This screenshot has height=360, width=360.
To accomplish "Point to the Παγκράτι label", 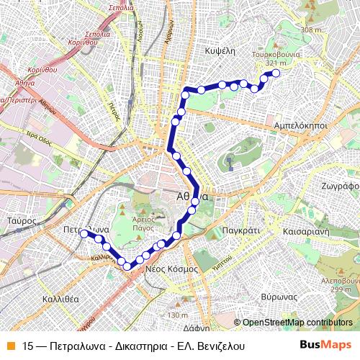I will coord(242,232).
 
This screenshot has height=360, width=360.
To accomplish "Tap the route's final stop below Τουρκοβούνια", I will coord(274,73).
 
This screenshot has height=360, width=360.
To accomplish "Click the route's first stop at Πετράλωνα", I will coord(84,233).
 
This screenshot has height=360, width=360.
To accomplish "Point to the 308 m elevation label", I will coord(312,30).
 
